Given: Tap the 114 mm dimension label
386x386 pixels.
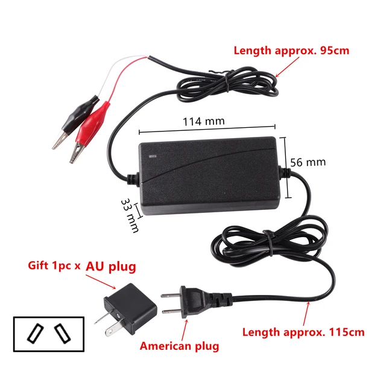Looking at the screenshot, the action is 203,121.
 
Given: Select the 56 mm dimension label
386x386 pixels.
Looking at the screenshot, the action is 308,162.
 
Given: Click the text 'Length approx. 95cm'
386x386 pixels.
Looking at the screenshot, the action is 291,51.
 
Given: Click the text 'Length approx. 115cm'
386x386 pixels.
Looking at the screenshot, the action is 303,332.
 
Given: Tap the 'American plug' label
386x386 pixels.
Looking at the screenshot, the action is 179,346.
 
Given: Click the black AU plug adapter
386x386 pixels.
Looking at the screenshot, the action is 129,307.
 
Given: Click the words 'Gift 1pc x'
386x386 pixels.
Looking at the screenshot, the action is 54,266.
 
